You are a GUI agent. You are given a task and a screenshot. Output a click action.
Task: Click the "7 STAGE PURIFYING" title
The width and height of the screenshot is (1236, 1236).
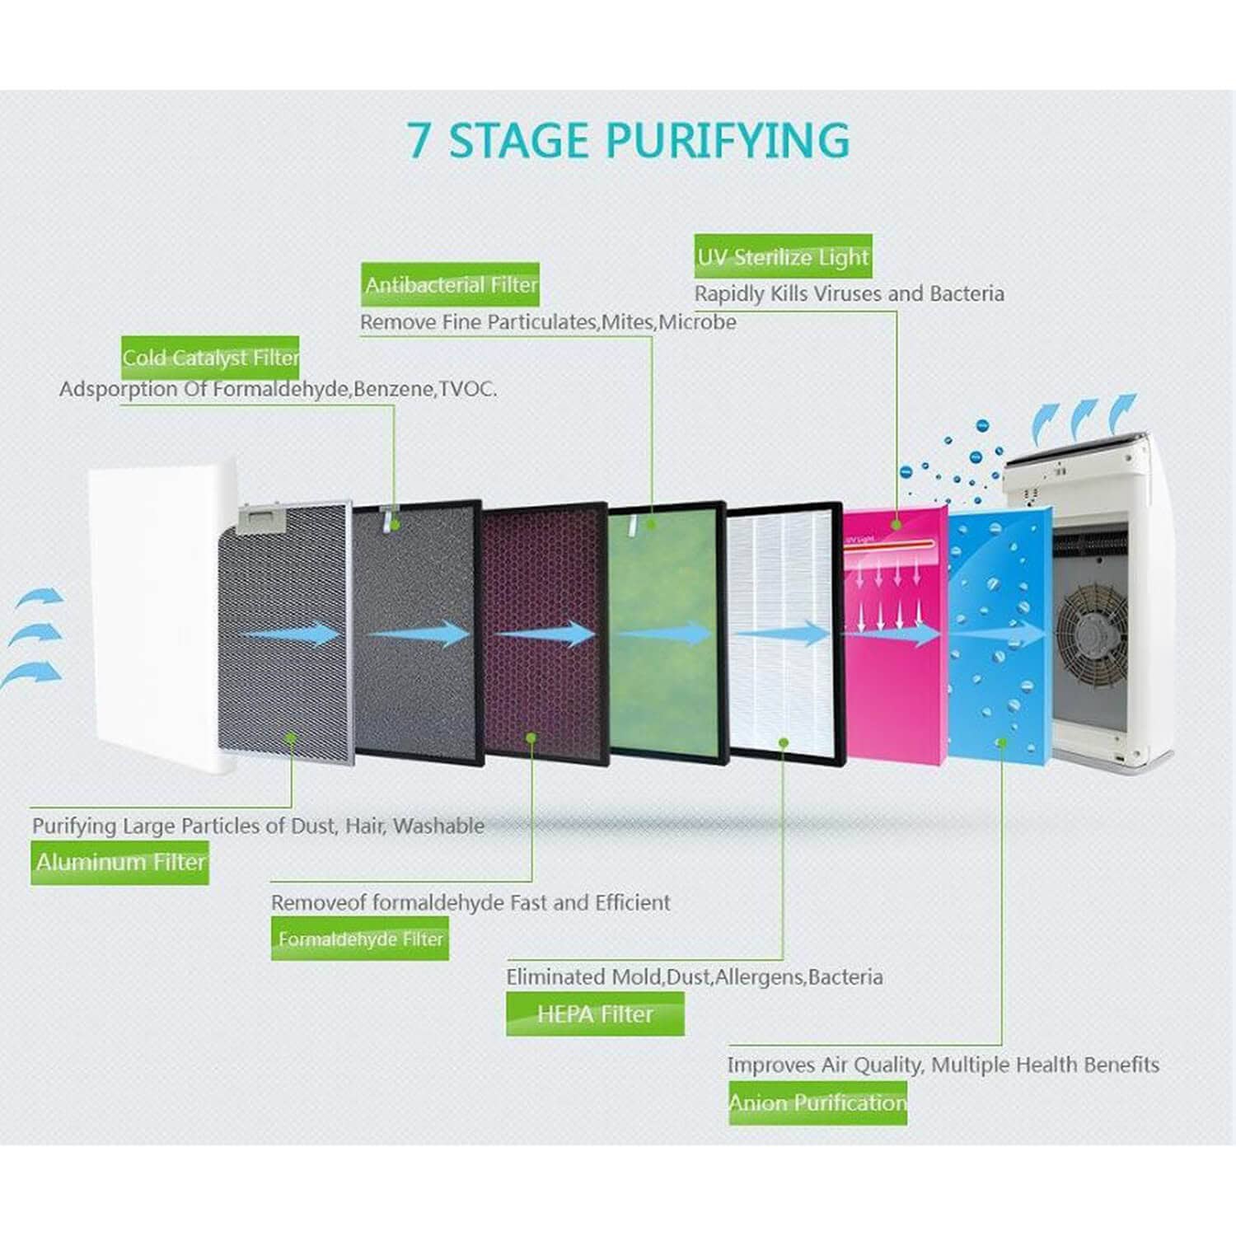coord(629,140)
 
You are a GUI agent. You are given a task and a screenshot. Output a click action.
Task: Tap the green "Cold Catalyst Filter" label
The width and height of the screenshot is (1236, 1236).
coord(210,358)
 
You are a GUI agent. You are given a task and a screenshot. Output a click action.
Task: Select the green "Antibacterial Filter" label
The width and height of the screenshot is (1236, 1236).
coord(450,285)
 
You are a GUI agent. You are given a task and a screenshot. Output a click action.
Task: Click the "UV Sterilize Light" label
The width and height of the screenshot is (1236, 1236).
coord(782,257)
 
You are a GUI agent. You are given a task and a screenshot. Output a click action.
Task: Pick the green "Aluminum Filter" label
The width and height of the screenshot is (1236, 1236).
coord(119,862)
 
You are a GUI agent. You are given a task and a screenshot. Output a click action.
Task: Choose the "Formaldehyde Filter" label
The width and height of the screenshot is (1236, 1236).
coord(360,939)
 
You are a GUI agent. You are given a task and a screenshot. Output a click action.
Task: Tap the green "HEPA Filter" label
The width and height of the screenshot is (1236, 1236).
coord(595,1014)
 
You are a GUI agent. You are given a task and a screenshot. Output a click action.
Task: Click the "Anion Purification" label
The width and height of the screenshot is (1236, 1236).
coord(817,1103)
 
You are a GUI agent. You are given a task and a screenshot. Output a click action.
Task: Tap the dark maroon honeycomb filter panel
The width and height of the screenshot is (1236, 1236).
coord(544,692)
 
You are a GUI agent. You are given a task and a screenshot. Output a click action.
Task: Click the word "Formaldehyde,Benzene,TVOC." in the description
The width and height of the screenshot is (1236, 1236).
coord(354,389)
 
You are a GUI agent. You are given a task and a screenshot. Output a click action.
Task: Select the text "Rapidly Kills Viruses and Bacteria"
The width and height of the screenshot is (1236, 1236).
coord(849,293)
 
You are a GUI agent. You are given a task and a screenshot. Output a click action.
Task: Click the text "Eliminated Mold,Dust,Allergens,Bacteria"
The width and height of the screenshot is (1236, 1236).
coord(694,977)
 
